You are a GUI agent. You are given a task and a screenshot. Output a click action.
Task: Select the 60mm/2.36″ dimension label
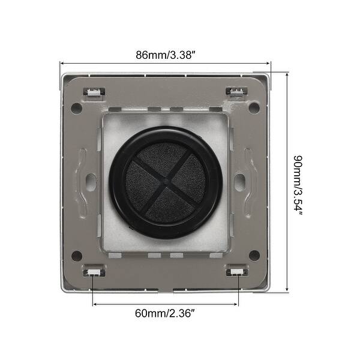[166, 313]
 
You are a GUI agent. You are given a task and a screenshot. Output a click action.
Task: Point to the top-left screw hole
[76, 108]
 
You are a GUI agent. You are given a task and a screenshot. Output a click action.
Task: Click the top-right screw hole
[254, 108]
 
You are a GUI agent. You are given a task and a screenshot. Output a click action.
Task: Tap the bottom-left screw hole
[77, 255]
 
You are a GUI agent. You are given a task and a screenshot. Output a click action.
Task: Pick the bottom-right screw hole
[254, 255]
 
